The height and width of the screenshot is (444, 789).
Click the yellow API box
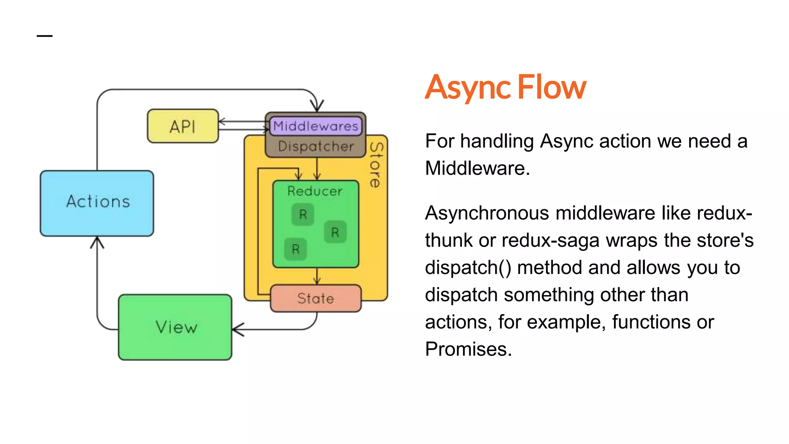(183, 126)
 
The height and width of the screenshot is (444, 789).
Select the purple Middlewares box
(316, 126)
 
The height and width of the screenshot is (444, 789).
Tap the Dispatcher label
(316, 146)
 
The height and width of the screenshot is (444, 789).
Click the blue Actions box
(97, 203)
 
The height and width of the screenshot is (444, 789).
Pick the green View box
(175, 327)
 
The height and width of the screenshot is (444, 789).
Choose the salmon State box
(316, 298)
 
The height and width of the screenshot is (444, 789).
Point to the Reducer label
(315, 191)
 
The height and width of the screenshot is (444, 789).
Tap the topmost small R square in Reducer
(303, 214)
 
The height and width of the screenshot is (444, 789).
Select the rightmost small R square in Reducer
(335, 232)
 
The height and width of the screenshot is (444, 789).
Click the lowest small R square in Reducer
(295, 249)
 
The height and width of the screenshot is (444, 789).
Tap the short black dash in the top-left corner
(45, 36)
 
